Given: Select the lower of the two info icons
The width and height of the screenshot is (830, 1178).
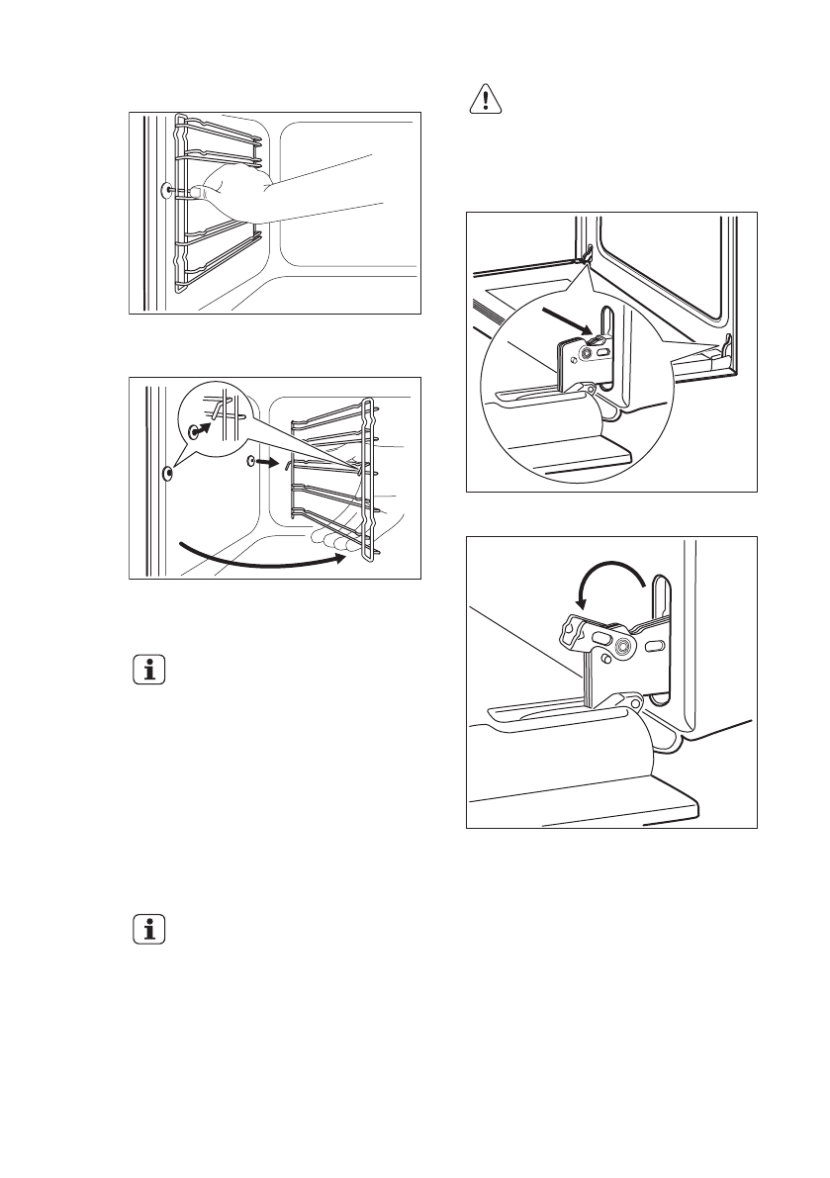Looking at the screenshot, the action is click(x=149, y=931).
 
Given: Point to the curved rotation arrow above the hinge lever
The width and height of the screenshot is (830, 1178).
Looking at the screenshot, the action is click(x=606, y=583).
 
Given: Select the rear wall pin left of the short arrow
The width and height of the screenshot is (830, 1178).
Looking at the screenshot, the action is click(x=250, y=461).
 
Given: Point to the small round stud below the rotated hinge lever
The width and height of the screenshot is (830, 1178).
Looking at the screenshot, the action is click(x=600, y=659).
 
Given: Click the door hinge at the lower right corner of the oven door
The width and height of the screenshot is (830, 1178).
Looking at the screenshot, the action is click(x=727, y=346).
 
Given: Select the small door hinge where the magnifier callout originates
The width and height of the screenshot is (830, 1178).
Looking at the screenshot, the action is click(x=587, y=255).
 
